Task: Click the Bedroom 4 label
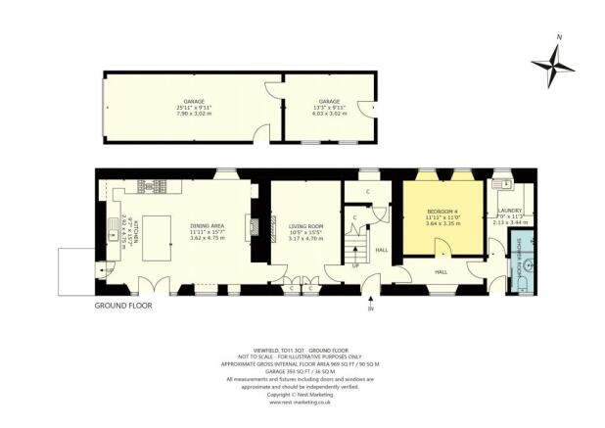point(443,216)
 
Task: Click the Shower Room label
point(506,262)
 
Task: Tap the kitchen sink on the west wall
point(105,233)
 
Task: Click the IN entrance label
point(370,309)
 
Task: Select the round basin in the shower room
point(529,263)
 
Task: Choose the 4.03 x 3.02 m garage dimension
point(329,113)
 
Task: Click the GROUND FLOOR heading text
point(123,306)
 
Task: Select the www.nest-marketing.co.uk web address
point(302,401)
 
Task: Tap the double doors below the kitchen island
point(147,288)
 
